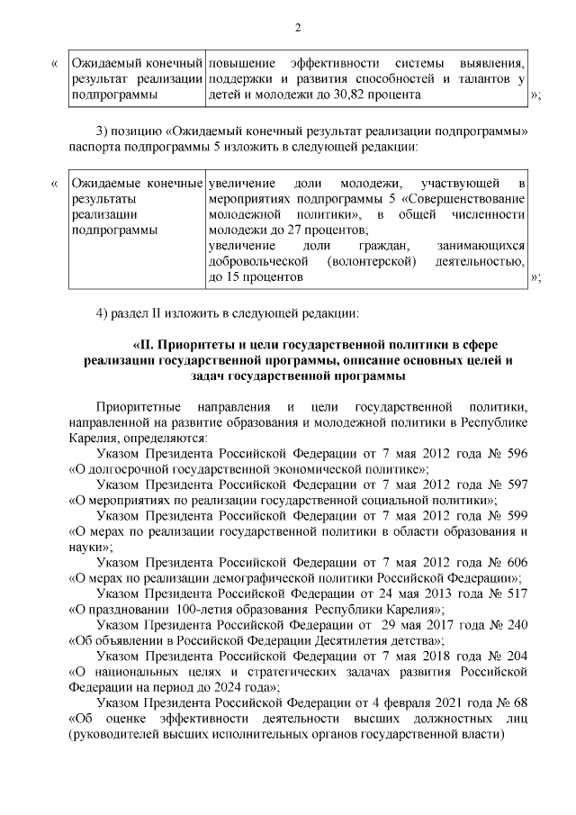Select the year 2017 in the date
[446, 623]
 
